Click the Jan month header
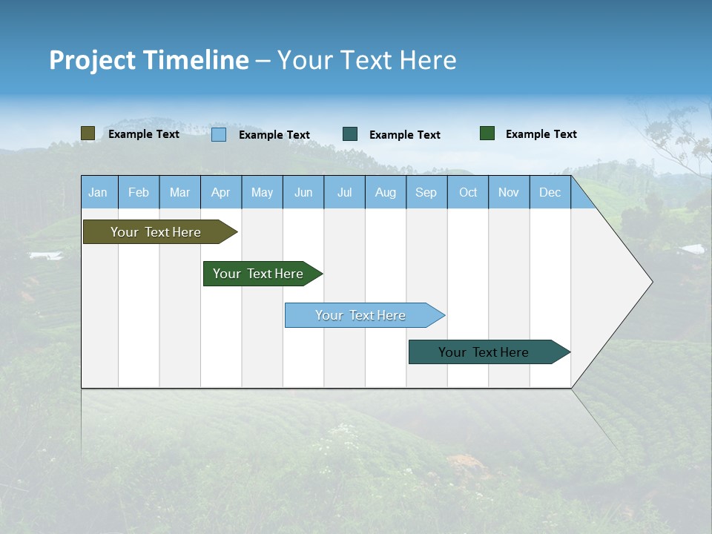click(x=98, y=192)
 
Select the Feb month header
click(x=139, y=192)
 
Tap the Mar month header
click(x=179, y=192)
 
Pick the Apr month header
click(x=221, y=192)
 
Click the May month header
click(x=262, y=192)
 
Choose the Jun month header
click(x=303, y=192)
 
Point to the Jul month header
click(x=344, y=192)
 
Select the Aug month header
click(x=386, y=192)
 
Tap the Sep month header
click(x=426, y=192)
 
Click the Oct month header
click(x=468, y=192)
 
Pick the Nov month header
click(x=509, y=192)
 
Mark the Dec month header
click(x=550, y=192)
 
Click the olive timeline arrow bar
click(x=156, y=232)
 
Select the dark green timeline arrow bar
click(x=259, y=274)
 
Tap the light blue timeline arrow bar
click(x=361, y=315)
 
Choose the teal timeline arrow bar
click(x=484, y=352)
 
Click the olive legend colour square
click(x=88, y=133)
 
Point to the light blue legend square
click(x=219, y=134)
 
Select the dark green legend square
click(x=487, y=133)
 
